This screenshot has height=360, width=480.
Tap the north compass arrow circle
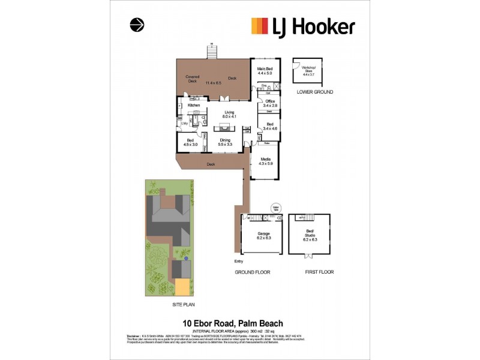[137, 25]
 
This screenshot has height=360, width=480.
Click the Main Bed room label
[265, 71]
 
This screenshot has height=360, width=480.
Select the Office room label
[269, 103]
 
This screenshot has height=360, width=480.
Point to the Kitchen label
[194, 106]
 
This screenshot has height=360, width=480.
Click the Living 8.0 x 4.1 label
[229, 114]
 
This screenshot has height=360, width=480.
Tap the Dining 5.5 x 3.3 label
[224, 142]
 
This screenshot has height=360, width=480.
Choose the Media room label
[265, 160]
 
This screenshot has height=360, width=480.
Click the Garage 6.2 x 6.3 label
[264, 235]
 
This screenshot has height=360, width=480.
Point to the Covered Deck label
[193, 79]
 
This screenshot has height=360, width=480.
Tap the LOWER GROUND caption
[315, 92]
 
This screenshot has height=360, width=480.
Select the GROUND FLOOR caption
[252, 272]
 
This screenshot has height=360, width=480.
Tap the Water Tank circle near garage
[277, 207]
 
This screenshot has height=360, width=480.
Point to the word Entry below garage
[239, 262]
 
